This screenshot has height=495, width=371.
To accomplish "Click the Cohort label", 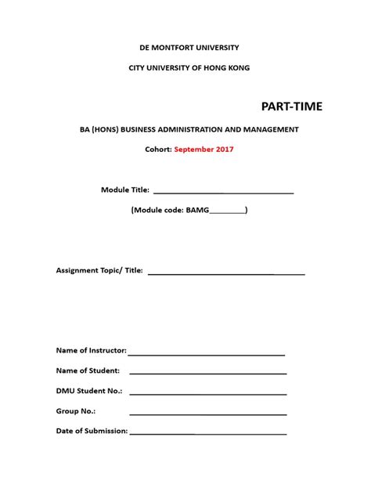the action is (156, 147).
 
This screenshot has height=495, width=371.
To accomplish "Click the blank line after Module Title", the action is (223, 191).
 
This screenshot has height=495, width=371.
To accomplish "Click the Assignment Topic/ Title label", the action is (99, 270).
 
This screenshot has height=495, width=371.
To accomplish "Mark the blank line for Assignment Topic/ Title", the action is (226, 273).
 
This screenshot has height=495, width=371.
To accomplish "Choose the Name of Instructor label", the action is (91, 350).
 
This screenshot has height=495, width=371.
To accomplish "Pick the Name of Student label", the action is (88, 370).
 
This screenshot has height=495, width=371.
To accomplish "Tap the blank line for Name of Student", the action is (207, 373).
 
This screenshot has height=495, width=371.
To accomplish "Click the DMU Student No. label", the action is (89, 390).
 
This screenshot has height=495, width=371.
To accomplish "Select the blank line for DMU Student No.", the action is (207, 393).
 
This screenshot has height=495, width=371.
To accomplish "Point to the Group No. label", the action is (76, 410).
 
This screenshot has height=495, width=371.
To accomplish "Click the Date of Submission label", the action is (92, 431).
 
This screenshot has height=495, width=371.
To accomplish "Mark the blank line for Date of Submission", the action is (207, 433).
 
